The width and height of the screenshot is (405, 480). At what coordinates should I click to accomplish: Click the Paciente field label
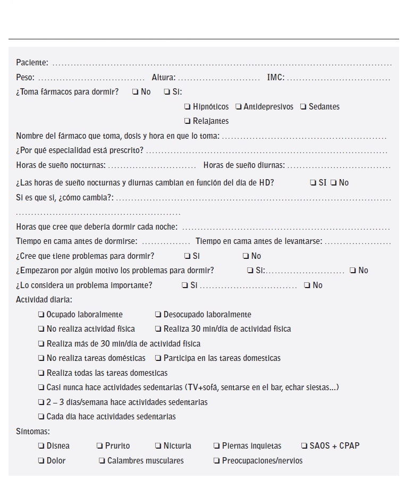(x=32, y=63)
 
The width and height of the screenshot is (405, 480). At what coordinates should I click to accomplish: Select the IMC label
(x=275, y=78)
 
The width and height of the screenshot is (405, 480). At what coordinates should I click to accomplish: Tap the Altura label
(x=163, y=78)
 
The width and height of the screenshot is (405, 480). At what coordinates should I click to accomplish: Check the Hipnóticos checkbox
(x=188, y=107)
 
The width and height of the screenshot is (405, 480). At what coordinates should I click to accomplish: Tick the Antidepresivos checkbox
(x=239, y=107)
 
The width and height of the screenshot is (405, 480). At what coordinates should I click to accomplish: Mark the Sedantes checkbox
(x=303, y=107)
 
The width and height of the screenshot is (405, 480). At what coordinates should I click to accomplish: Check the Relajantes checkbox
(x=188, y=121)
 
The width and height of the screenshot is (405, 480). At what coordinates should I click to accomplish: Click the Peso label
(x=25, y=78)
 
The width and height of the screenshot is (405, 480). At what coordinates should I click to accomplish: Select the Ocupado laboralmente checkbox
(x=41, y=315)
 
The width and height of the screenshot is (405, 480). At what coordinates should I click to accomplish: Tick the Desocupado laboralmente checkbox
(x=158, y=315)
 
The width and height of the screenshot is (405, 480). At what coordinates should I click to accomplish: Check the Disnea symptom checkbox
(x=41, y=446)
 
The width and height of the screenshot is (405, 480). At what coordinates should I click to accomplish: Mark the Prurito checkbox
(x=100, y=446)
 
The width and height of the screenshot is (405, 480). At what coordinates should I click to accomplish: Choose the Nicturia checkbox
(x=158, y=446)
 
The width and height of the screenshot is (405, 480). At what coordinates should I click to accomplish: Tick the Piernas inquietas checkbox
(x=217, y=446)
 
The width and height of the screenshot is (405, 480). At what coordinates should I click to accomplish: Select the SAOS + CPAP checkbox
(x=305, y=446)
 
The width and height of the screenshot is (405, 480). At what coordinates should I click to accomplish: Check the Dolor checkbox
(x=41, y=461)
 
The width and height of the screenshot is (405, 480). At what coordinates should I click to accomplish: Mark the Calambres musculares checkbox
(x=102, y=461)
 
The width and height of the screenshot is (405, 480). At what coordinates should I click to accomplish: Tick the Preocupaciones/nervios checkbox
(x=217, y=461)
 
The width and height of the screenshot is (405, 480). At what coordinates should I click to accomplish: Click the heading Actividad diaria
(x=44, y=300)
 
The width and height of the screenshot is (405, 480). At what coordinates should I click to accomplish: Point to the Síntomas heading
(x=33, y=432)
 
